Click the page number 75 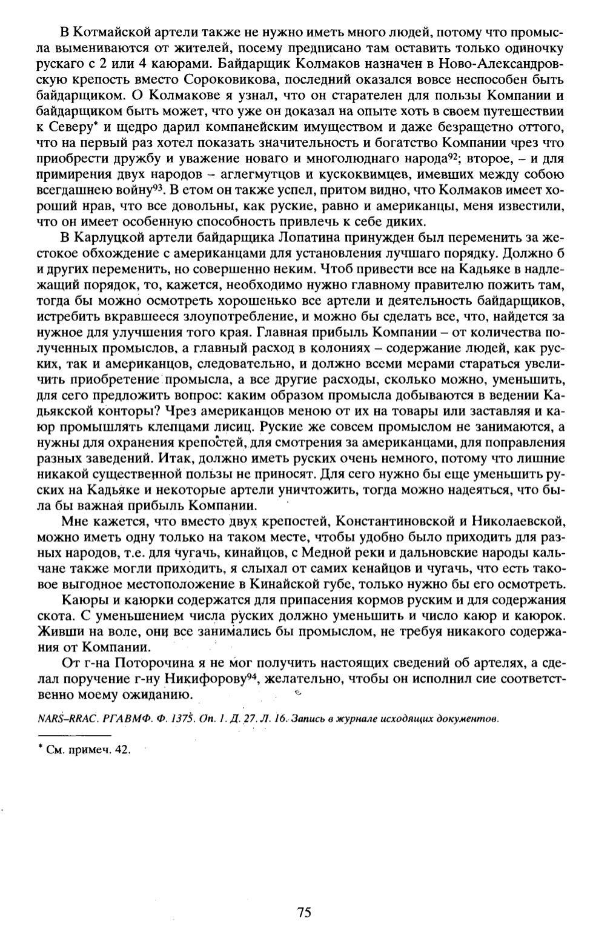304,912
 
